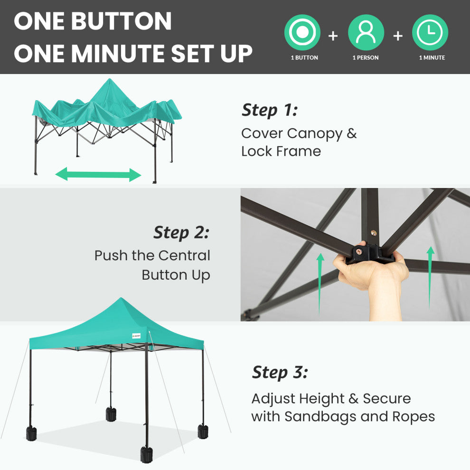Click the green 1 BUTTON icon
[302, 32]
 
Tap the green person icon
[366, 32]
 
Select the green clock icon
[430, 32]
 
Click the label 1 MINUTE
[432, 57]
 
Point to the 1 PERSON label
[366, 57]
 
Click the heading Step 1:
[270, 110]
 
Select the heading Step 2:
[181, 233]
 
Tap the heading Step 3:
[280, 373]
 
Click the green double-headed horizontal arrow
[98, 174]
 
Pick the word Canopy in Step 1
[315, 134]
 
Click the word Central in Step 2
[184, 256]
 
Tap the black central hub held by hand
[370, 254]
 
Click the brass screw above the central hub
[374, 233]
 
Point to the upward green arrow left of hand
[320, 283]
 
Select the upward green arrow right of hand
[430, 277]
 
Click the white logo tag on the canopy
[136, 336]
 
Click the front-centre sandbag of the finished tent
[146, 455]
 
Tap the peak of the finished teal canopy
[121, 298]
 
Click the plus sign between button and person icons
[333, 36]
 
